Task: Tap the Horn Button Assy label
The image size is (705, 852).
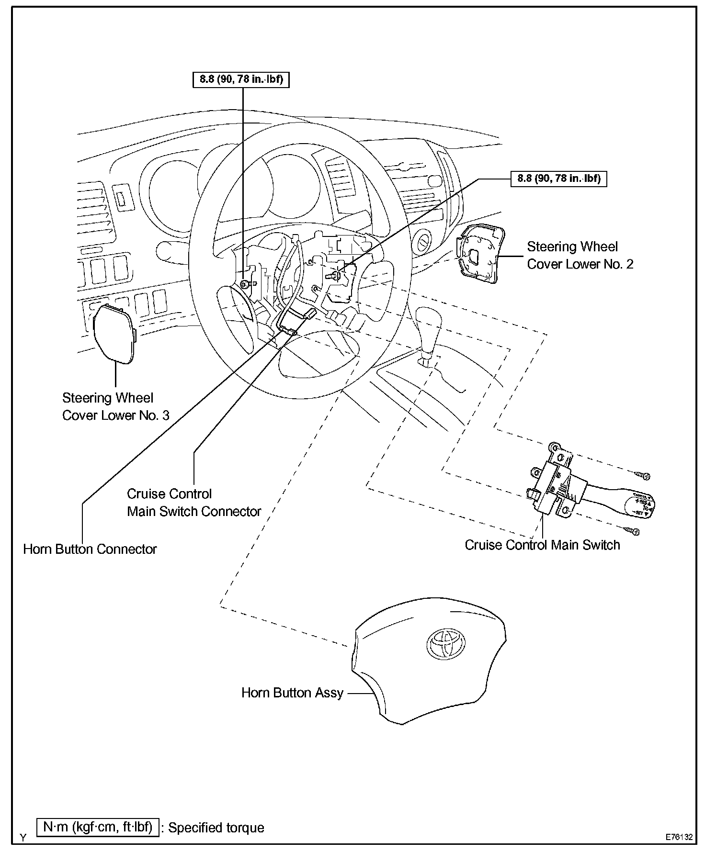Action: tap(292, 693)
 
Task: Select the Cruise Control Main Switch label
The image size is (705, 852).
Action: tap(542, 545)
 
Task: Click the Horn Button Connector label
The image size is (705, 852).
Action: tap(90, 549)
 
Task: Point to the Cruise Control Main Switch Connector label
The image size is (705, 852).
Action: tap(193, 503)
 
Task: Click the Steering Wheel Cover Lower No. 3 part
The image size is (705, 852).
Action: tap(114, 333)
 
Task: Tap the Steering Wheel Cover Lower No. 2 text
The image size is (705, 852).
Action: tap(580, 256)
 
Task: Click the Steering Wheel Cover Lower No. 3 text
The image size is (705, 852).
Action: tap(115, 406)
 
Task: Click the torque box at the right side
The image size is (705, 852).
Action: tap(558, 179)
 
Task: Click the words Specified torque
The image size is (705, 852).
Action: tap(216, 828)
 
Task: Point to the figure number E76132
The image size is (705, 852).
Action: tap(679, 837)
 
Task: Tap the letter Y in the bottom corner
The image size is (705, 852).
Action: tap(23, 837)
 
